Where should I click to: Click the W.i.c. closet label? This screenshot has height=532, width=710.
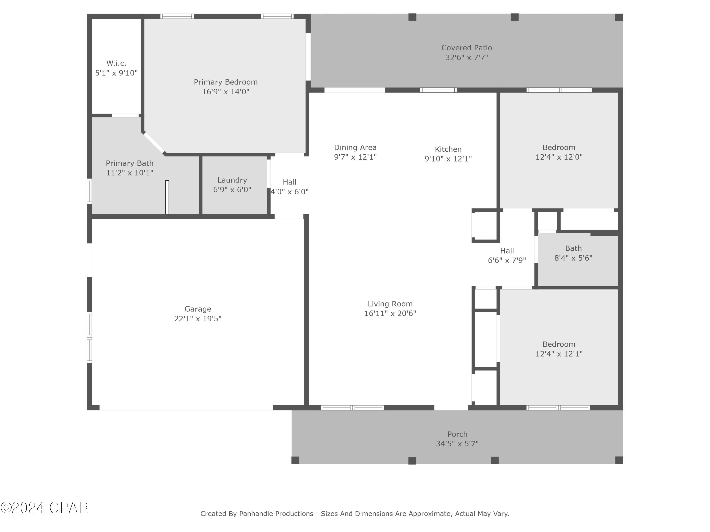[x=116, y=63]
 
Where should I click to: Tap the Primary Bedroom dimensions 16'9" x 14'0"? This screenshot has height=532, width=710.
[x=225, y=92]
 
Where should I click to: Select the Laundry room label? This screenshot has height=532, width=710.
[x=232, y=180]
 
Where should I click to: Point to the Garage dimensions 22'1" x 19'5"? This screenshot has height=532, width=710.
[x=198, y=318]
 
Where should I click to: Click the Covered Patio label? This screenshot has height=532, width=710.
[x=466, y=48]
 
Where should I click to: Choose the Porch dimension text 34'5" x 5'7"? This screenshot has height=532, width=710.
[x=457, y=444]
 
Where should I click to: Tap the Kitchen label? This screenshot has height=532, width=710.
[x=448, y=149]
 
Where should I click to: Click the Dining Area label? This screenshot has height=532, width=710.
[x=355, y=148]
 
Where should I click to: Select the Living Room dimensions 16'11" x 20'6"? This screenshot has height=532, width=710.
[x=390, y=313]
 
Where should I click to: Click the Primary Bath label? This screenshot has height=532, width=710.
[x=130, y=163]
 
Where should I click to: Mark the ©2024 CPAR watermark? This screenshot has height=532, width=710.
[x=44, y=508]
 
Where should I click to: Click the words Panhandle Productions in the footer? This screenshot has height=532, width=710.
[x=276, y=514]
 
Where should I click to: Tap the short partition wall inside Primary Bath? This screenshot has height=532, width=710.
[x=167, y=197]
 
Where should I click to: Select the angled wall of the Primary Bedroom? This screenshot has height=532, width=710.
[x=154, y=143]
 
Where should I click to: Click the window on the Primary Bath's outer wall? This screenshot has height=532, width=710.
[x=89, y=192]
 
